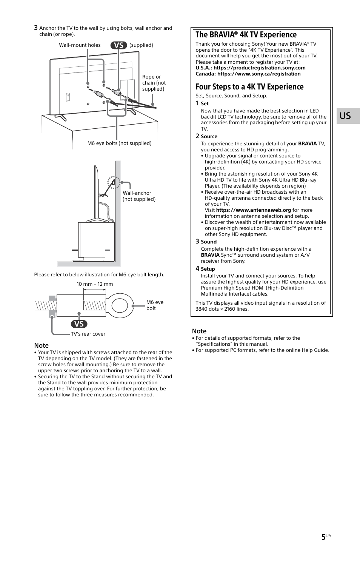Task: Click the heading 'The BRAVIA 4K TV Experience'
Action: click(246, 35)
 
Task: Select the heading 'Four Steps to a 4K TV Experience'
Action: click(249, 87)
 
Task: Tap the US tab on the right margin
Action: click(345, 116)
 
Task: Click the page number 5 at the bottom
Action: click(323, 537)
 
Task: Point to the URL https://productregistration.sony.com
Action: click(259, 68)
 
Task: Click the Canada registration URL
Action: click(259, 74)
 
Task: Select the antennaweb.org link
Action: click(253, 210)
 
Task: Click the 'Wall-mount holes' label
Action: click(80, 45)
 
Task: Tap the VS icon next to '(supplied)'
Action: click(118, 45)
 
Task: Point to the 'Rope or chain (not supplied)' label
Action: click(154, 83)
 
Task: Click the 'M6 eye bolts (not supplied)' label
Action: click(119, 143)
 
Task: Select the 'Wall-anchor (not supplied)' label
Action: click(139, 196)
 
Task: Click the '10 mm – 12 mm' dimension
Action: click(95, 284)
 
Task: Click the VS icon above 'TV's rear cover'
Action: click(79, 324)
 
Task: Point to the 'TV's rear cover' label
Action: click(88, 334)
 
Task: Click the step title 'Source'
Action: click(209, 137)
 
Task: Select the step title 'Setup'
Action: click(208, 269)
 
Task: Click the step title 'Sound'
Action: click(208, 242)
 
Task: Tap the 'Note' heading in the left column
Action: click(41, 345)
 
